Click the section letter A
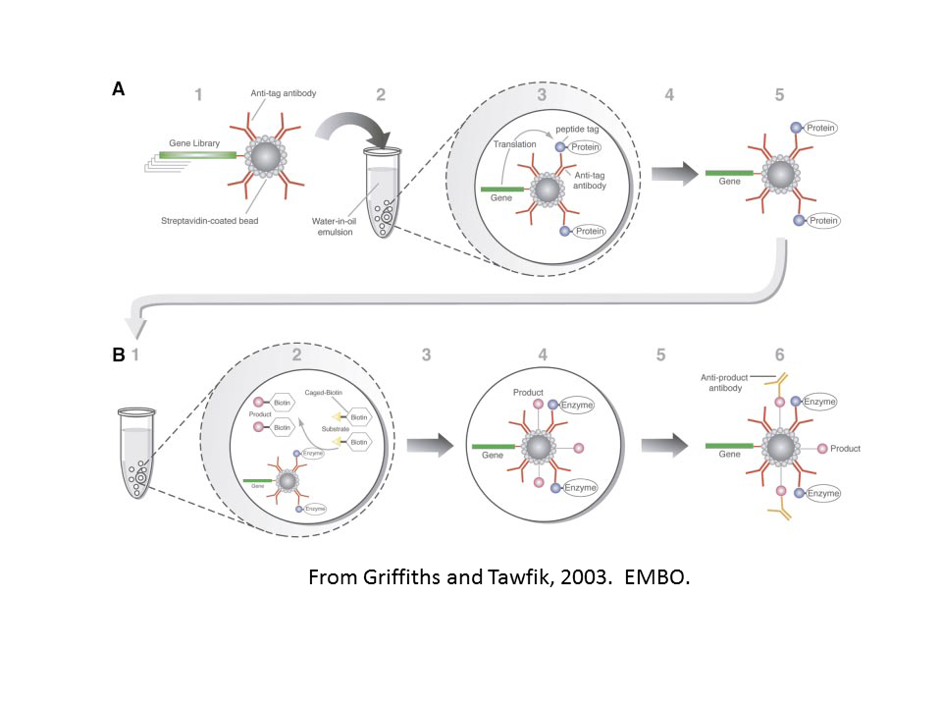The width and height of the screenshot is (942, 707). pyautogui.click(x=118, y=89)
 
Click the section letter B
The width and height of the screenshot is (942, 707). pyautogui.click(x=118, y=355)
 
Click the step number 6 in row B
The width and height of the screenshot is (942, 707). pyautogui.click(x=780, y=355)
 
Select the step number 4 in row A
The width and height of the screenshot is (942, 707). pyautogui.click(x=669, y=95)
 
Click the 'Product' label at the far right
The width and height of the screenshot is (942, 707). pyautogui.click(x=845, y=449)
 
